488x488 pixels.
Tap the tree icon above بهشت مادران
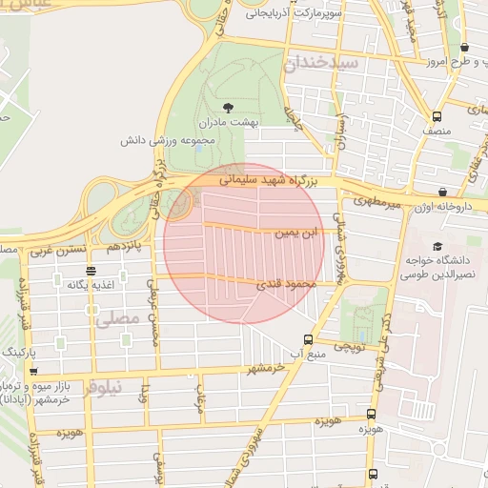click(x=227, y=107)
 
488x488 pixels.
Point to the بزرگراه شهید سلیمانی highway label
click(x=274, y=178)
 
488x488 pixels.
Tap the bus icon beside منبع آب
click(x=308, y=338)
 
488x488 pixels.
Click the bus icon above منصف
click(x=437, y=107)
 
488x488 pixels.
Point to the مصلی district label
click(x=118, y=319)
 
